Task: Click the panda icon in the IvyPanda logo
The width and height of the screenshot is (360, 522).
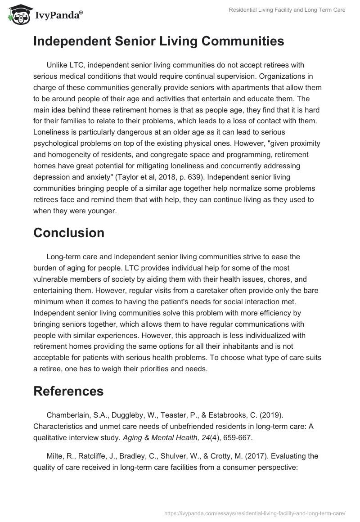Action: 18,15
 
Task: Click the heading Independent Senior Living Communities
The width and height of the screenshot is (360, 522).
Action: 158,41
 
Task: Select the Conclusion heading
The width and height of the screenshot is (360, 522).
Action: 69,233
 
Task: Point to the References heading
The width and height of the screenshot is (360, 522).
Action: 68,391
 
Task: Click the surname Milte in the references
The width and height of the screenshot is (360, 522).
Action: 55,456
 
